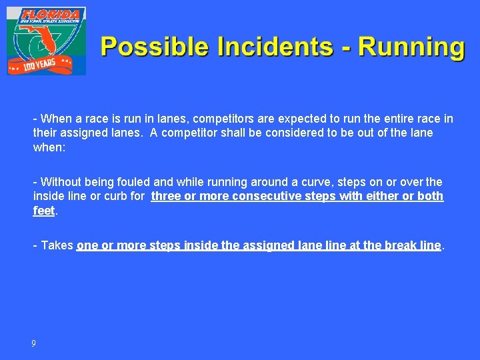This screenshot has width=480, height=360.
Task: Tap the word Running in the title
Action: coord(412,47)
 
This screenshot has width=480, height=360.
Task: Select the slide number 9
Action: coord(33,343)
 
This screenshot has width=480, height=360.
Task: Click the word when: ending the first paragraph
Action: coord(49,147)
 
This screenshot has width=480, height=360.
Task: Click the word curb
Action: coord(117,196)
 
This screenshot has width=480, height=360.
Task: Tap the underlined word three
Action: coord(166,196)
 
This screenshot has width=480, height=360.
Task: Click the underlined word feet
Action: coord(44,210)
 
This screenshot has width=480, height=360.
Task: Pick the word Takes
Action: coord(57,245)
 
